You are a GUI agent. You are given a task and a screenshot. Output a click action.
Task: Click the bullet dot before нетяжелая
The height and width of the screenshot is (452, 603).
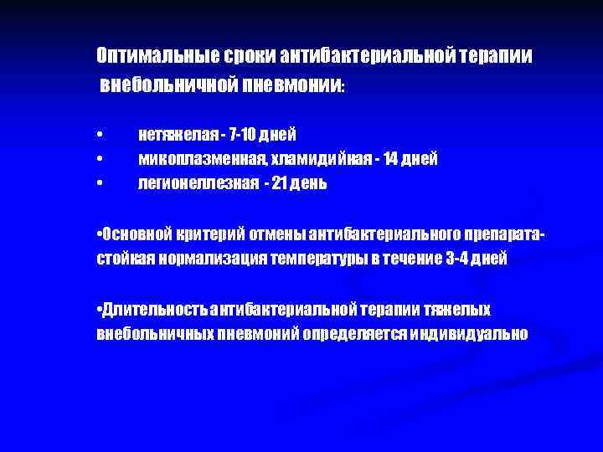pos(100,136)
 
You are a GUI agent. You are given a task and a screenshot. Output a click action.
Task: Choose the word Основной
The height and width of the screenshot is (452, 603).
pos(134,234)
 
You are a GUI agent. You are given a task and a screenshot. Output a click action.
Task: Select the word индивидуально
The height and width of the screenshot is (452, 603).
pos(456,333)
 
